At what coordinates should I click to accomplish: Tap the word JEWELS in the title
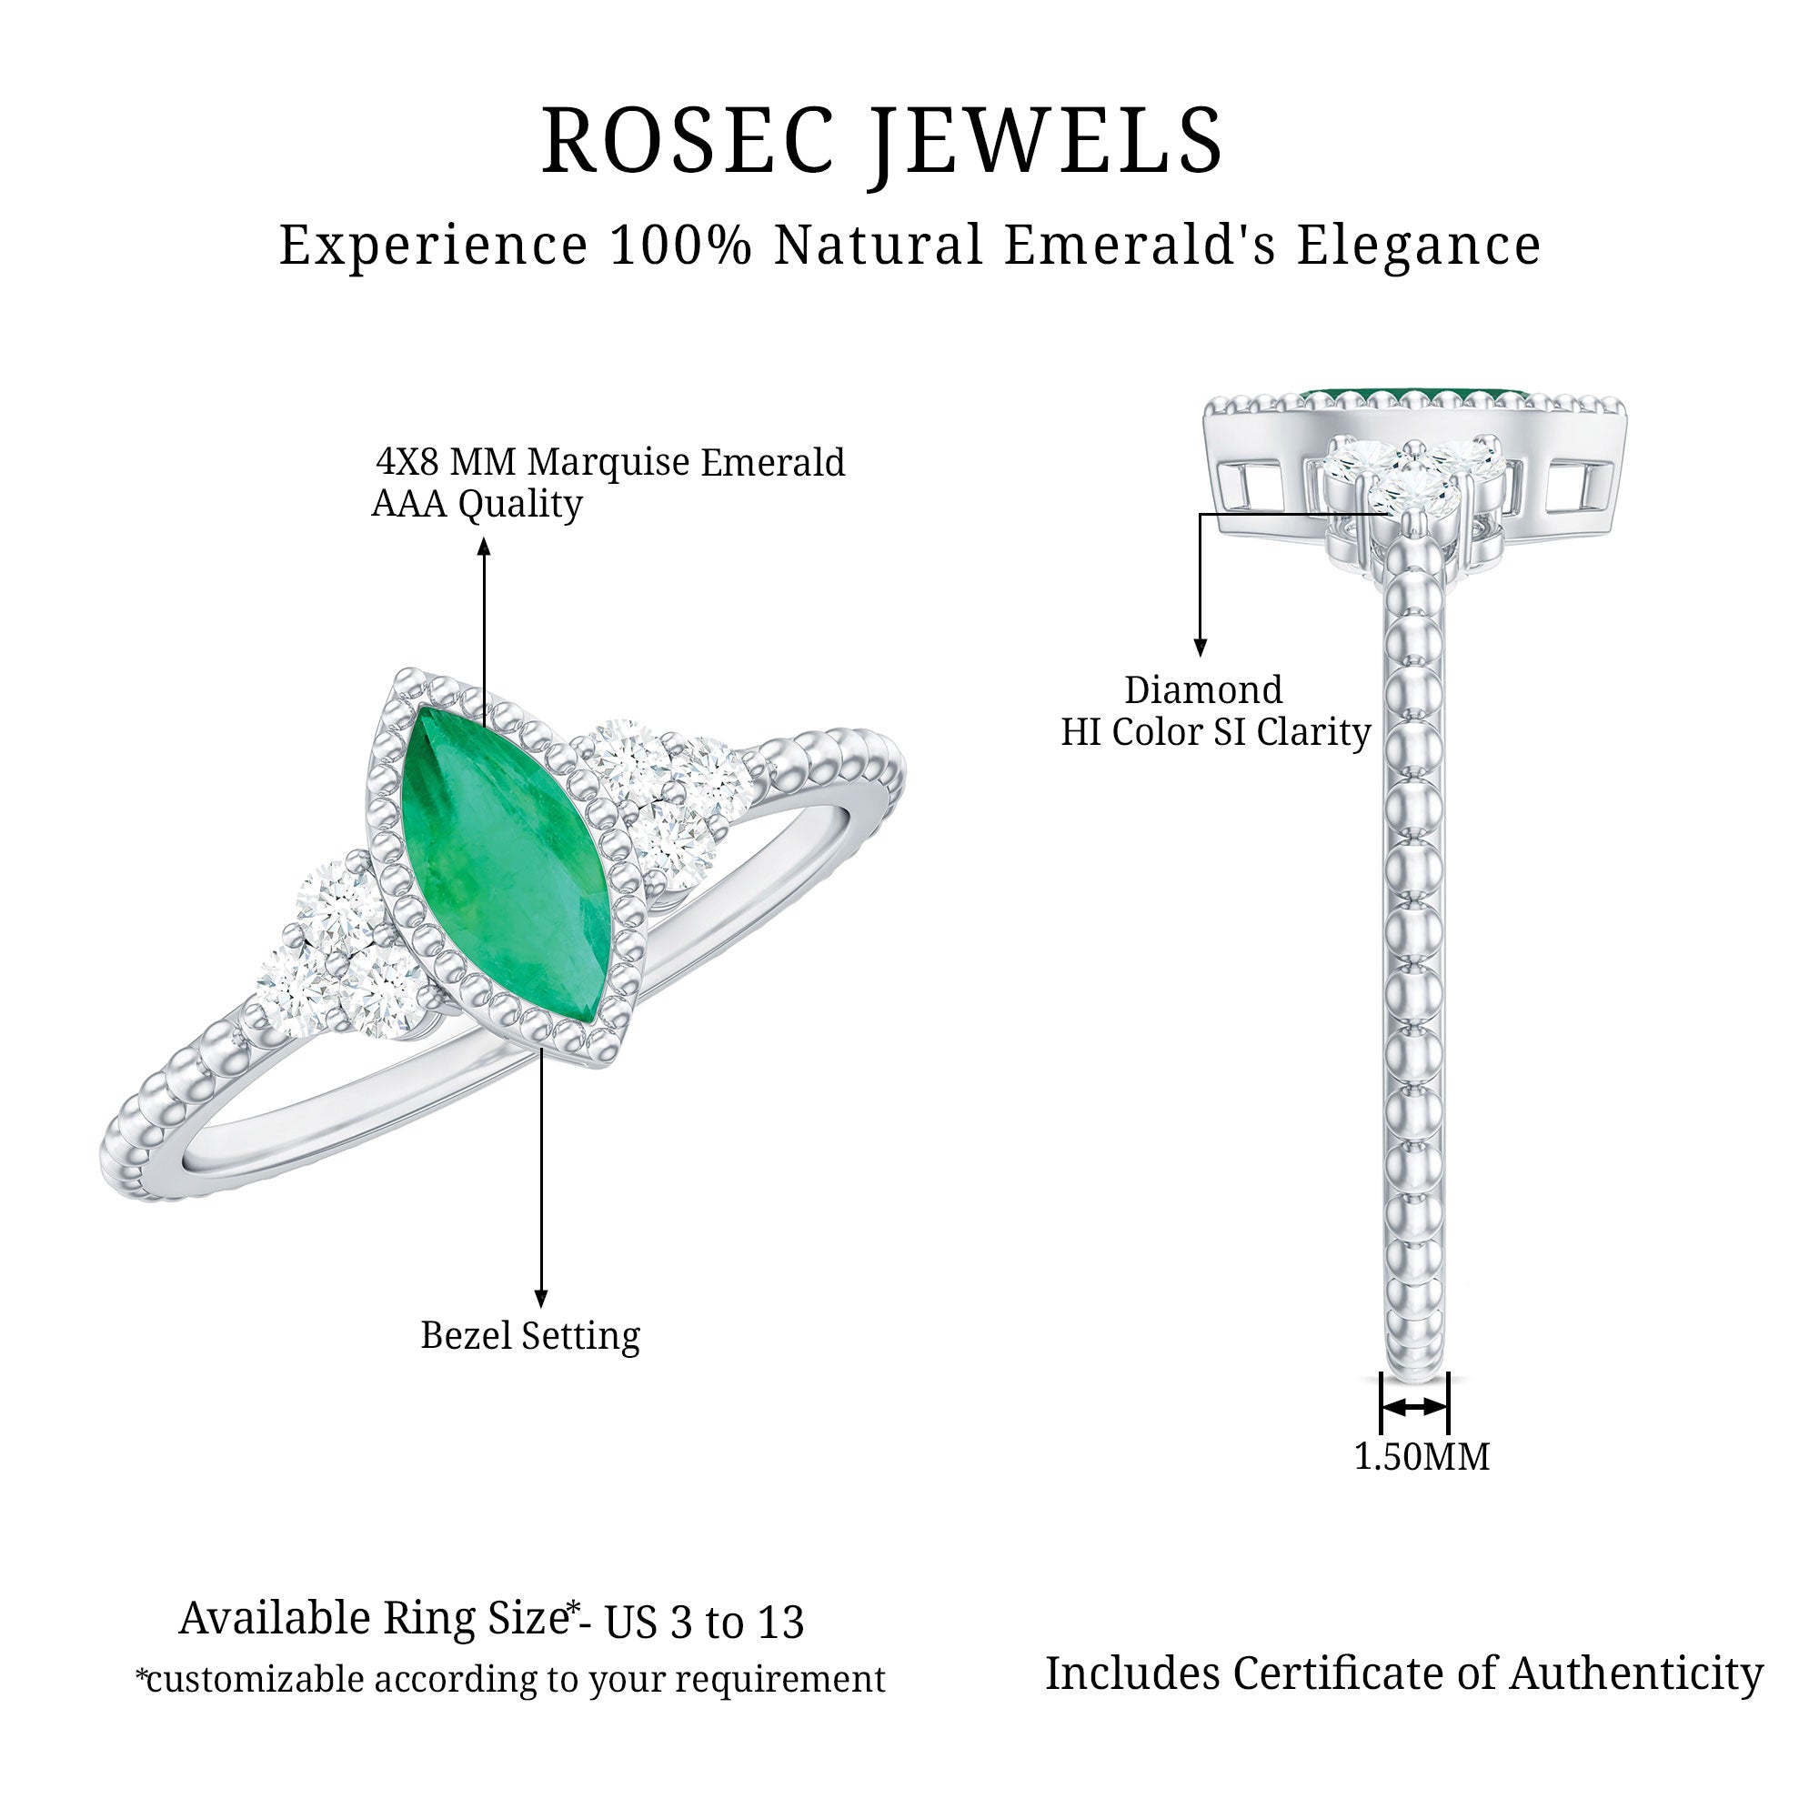1046,141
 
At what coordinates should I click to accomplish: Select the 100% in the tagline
679,246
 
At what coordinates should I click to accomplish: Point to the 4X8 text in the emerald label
408,462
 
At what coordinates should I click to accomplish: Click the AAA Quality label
477,505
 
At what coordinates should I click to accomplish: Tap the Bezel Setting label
530,1336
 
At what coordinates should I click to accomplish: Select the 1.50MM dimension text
1421,1456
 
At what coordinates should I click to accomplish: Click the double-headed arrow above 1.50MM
1413,1407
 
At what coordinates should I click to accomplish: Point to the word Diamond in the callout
1203,690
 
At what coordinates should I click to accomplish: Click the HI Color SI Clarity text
1215,732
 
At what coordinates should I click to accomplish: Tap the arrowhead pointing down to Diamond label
1200,648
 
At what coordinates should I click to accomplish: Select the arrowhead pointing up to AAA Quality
483,546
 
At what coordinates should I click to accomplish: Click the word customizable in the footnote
256,1680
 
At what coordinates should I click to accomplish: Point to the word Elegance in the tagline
1418,246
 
